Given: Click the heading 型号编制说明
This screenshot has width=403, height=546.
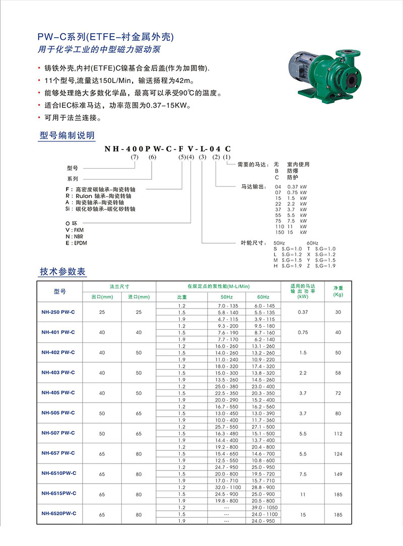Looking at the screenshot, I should click(66, 136).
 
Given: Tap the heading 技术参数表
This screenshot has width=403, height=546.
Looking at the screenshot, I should click(63, 272).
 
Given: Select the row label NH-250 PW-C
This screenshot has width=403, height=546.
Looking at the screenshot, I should click(58, 312).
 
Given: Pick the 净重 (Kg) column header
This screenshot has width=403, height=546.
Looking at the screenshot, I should click(338, 291).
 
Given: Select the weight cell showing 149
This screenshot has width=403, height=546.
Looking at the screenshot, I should click(338, 474).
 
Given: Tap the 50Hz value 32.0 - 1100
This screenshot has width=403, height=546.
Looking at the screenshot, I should click(227, 487).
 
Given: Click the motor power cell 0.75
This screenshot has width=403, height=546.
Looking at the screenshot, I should click(303, 332).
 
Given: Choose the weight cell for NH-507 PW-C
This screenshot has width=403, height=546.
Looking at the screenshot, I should click(338, 433).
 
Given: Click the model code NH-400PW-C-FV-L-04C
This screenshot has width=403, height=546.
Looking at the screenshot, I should click(168, 149).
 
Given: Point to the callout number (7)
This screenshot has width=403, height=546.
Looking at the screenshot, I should click(135, 157).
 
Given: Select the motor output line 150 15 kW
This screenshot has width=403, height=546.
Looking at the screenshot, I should click(290, 232).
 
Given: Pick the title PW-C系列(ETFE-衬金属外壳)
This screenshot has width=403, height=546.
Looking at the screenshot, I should click(106, 37).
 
